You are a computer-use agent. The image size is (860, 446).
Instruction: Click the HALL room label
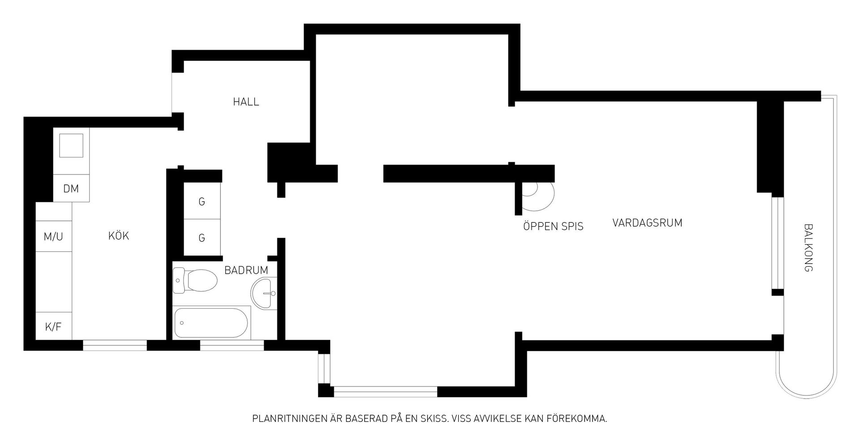[246, 102]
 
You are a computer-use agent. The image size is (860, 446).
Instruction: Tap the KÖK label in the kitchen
[119, 236]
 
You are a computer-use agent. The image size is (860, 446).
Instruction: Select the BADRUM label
[246, 270]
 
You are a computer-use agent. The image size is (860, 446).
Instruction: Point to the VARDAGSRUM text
[647, 223]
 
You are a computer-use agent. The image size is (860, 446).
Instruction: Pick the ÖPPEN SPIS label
[553, 226]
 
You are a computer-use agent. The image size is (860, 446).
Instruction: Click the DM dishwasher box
[71, 188]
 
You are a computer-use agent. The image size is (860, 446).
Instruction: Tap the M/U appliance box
[54, 236]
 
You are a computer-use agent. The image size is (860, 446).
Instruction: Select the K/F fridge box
[54, 326]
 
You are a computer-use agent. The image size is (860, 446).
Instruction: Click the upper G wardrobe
[202, 201]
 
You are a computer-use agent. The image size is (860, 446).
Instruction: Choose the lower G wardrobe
[202, 238]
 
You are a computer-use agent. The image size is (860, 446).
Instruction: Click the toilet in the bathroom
[195, 280]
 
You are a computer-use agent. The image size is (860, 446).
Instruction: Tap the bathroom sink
[264, 293]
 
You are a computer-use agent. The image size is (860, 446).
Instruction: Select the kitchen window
[115, 345]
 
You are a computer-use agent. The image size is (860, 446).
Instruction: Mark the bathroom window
[232, 345]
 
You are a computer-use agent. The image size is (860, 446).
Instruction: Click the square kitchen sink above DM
[71, 145]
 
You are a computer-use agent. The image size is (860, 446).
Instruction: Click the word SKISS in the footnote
[433, 419]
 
